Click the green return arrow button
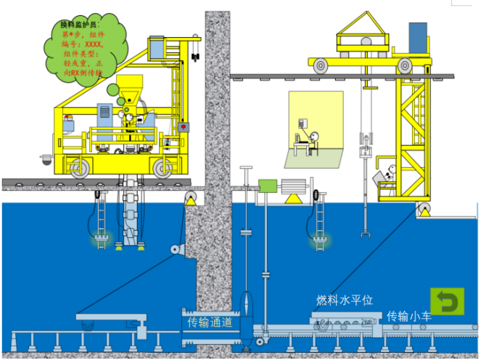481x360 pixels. point(448,301)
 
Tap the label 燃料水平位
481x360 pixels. point(345,300)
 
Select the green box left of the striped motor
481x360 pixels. point(268,186)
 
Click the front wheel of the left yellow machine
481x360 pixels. point(162,168)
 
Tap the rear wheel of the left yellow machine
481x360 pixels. point(80,168)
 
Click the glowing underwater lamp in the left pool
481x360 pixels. point(102,239)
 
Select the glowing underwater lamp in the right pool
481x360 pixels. point(318,239)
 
